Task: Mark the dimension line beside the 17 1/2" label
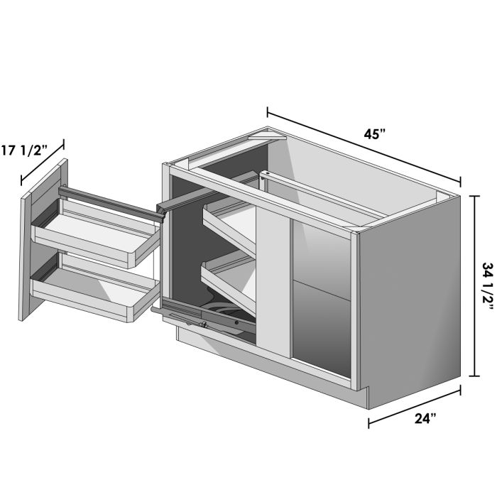43,160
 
